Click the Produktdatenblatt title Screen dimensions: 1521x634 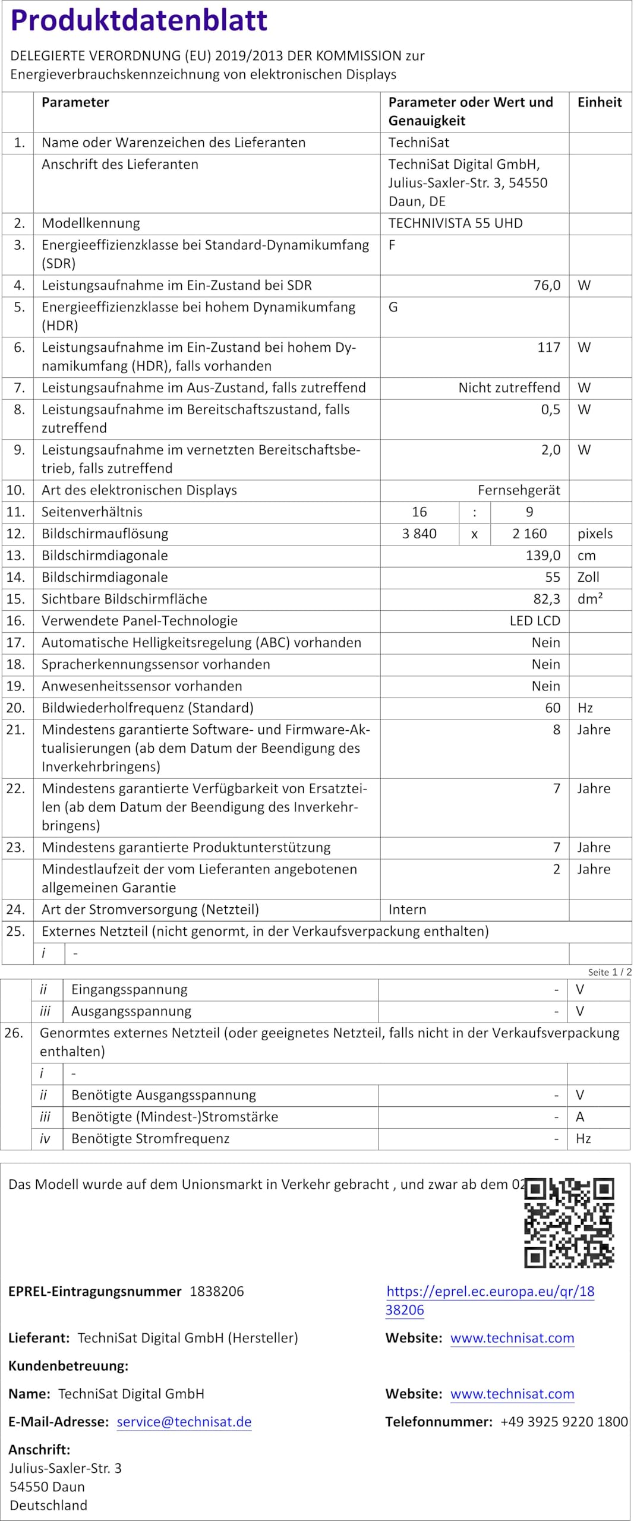[x=139, y=20]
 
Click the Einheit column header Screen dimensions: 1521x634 [x=599, y=102]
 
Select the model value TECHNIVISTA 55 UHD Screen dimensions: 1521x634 [x=455, y=223]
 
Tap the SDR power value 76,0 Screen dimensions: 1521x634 [x=547, y=285]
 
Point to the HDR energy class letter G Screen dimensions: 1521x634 [x=393, y=307]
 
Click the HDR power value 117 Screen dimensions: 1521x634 [x=548, y=348]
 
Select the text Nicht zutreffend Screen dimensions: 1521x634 [x=509, y=388]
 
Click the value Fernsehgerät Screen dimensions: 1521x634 [x=519, y=490]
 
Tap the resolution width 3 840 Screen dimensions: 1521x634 [x=419, y=534]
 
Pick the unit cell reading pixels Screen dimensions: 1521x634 [x=595, y=534]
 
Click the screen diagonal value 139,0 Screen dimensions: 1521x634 [x=542, y=556]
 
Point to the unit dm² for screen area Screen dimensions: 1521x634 [x=589, y=599]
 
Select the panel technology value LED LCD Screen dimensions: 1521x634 [x=535, y=621]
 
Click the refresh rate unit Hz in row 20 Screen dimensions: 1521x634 [x=585, y=708]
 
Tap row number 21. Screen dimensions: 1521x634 [x=15, y=730]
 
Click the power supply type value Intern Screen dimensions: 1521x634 [x=407, y=910]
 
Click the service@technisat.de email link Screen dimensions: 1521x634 [x=184, y=1422]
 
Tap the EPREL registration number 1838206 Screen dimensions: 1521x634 [x=217, y=1291]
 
